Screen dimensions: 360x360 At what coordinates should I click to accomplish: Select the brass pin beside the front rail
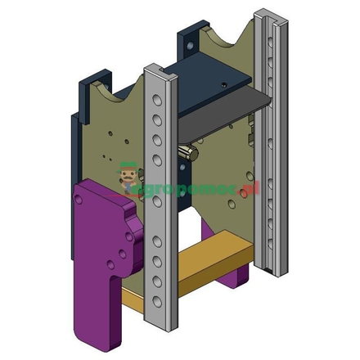coord(186,153)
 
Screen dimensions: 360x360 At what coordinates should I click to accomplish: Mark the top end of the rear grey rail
coord(269,14)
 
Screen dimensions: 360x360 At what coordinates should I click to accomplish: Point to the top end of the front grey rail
coord(160,68)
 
